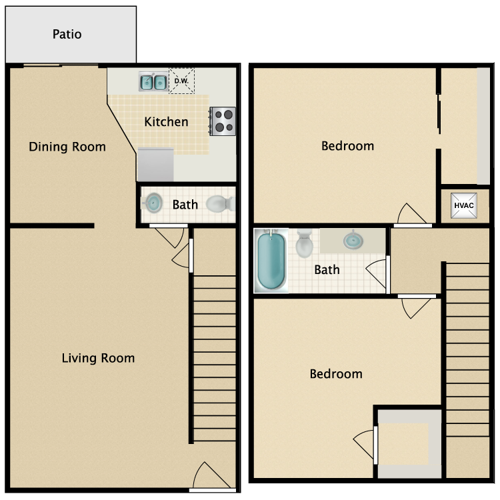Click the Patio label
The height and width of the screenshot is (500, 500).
(x=67, y=34)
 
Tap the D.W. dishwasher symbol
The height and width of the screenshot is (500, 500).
(x=181, y=81)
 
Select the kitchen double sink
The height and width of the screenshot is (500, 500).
(x=153, y=82)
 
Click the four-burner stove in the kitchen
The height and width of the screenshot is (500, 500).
(x=223, y=121)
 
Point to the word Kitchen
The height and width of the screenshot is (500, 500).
(x=166, y=122)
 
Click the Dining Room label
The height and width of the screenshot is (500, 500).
(x=67, y=147)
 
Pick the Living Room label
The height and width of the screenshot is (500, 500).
(x=98, y=358)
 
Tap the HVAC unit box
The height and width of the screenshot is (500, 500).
(x=463, y=205)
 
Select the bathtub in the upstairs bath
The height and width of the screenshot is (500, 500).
(x=271, y=260)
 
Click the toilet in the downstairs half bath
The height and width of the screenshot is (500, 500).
(x=219, y=203)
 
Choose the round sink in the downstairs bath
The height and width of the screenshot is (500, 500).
(x=154, y=203)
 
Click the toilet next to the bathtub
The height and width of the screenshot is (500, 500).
(x=305, y=243)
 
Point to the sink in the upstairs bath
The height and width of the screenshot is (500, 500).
(x=354, y=240)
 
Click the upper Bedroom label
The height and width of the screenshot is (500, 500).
(x=347, y=146)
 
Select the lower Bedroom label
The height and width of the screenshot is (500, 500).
(x=336, y=374)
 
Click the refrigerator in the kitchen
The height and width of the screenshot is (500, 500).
(x=155, y=165)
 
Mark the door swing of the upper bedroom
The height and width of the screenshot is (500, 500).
(x=409, y=215)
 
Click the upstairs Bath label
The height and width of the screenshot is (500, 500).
(x=327, y=269)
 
